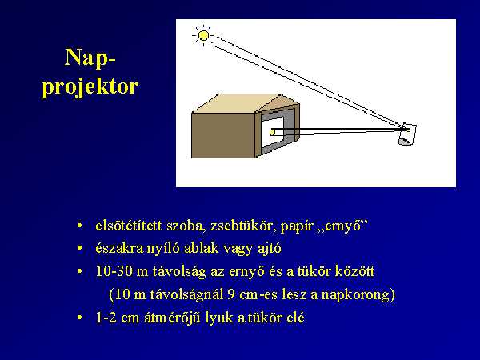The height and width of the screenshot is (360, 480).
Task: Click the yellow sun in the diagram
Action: coord(203,36)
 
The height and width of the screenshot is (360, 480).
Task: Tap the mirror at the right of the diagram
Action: coord(407,134)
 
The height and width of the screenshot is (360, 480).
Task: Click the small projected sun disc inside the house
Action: coord(273,132)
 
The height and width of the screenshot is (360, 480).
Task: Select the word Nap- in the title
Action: coord(90,58)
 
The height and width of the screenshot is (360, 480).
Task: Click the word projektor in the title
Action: coord(90,87)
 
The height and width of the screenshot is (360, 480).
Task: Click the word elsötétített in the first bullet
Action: coord(129,226)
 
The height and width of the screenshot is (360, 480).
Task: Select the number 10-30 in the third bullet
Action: coord(114,271)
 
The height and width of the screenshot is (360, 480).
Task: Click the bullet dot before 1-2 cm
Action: coord(79,318)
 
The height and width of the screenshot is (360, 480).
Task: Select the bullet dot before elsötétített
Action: coord(79,226)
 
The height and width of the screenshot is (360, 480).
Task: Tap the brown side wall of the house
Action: coord(223,135)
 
